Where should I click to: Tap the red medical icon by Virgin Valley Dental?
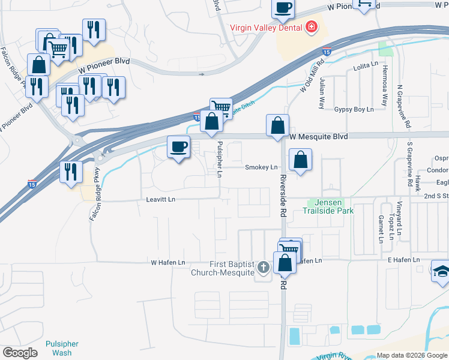311,27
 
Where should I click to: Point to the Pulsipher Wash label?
62,348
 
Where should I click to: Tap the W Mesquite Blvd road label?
319,137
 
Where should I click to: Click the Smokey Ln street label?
261,167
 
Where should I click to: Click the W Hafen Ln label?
167,263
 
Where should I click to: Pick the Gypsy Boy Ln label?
354,110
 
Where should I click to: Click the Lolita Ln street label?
366,64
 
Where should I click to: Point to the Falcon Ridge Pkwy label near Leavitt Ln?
95,196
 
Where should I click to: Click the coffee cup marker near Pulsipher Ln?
178,147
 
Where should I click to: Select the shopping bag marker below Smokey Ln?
300,160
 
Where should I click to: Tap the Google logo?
20,353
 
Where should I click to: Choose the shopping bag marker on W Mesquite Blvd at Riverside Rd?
277,126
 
